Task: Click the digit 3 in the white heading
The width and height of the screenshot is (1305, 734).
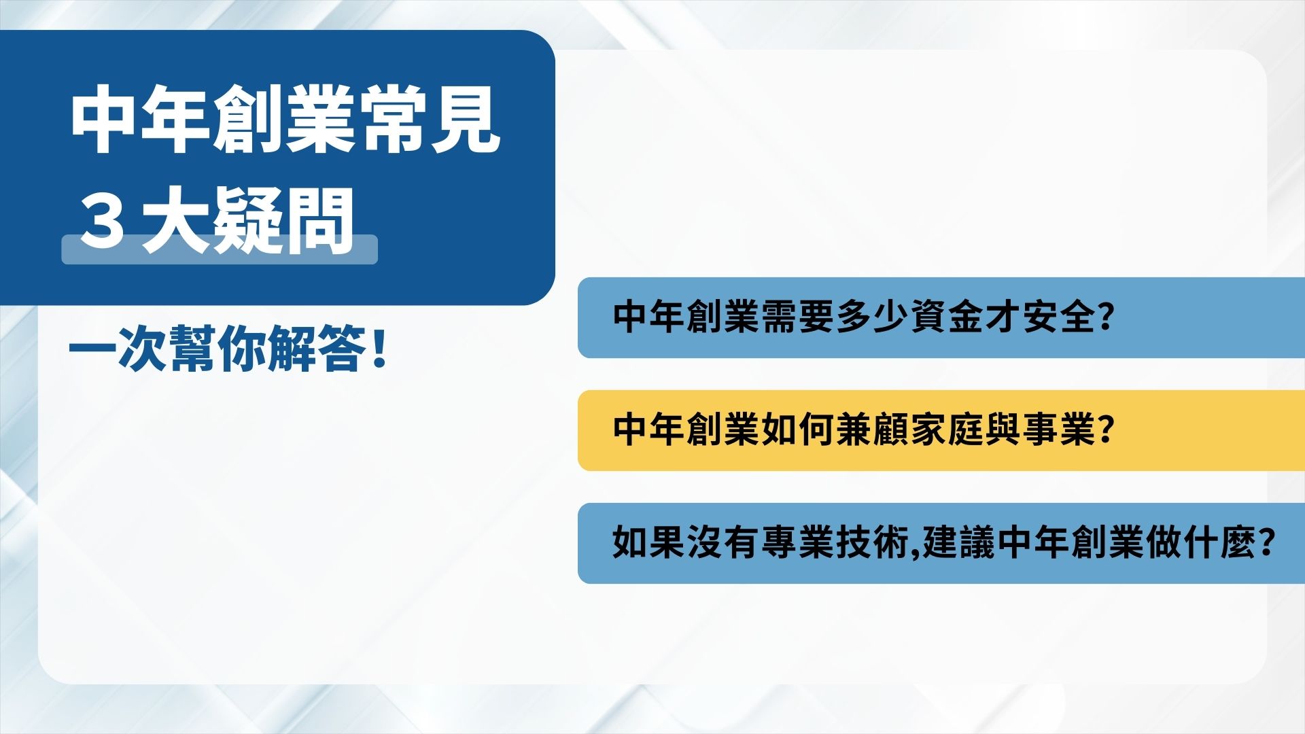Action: pyautogui.click(x=103, y=222)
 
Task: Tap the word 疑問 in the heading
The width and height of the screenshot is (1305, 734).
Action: pyautogui.click(x=285, y=222)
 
